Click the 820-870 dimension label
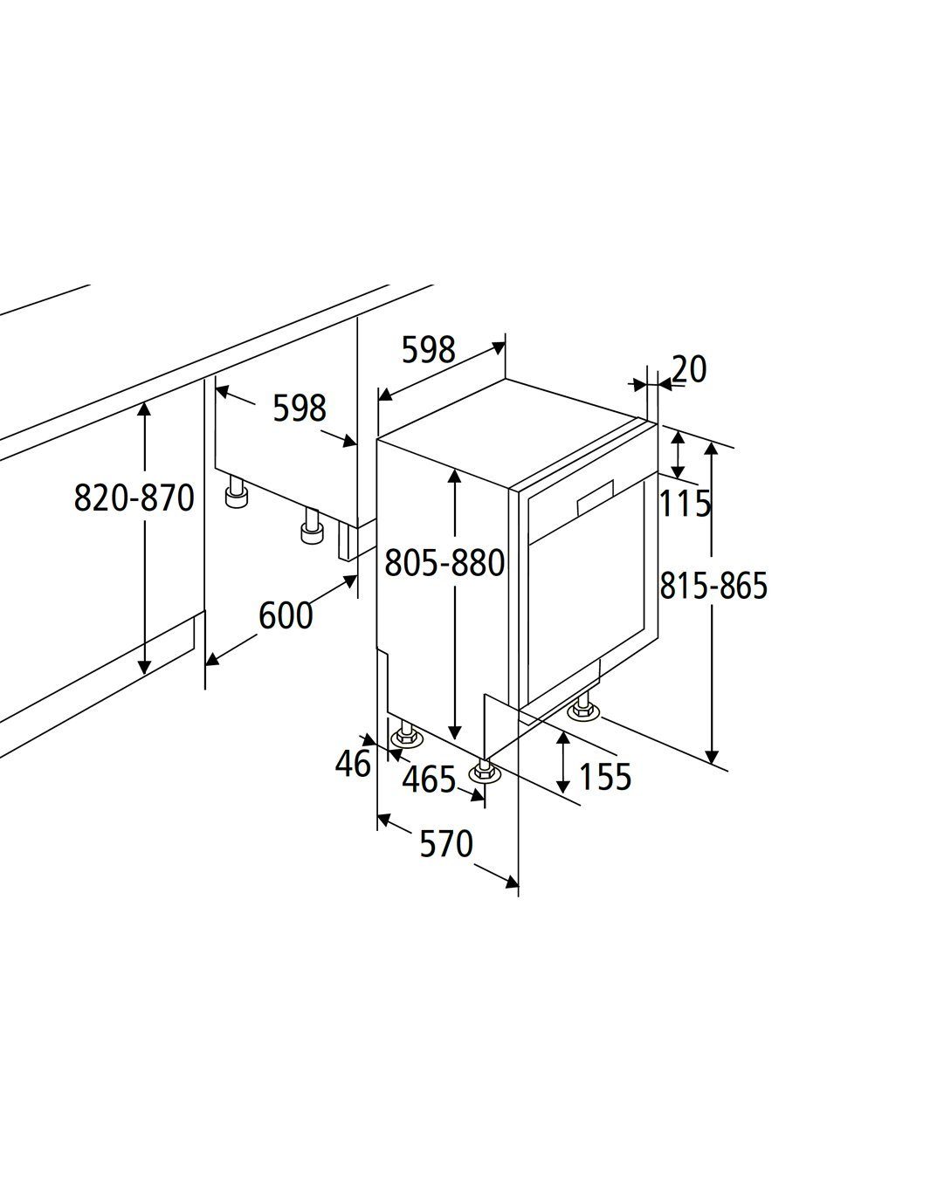pyautogui.click(x=134, y=498)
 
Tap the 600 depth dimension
pyautogui.click(x=286, y=615)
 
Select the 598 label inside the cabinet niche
pyautogui.click(x=300, y=408)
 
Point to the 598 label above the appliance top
pyautogui.click(x=429, y=349)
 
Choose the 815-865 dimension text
pyautogui.click(x=713, y=585)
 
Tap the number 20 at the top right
pyautogui.click(x=689, y=368)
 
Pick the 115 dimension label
pyautogui.click(x=685, y=504)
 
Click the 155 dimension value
pyautogui.click(x=604, y=777)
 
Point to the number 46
pyautogui.click(x=353, y=763)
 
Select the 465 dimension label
pyautogui.click(x=429, y=779)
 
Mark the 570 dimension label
pyautogui.click(x=446, y=843)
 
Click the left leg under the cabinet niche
pyautogui.click(x=237, y=492)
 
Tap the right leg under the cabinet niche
pyautogui.click(x=312, y=525)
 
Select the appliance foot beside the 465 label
pyautogui.click(x=484, y=771)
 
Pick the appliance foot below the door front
pyautogui.click(x=584, y=705)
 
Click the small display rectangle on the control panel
pyautogui.click(x=595, y=498)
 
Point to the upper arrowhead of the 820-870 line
pyautogui.click(x=144, y=410)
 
